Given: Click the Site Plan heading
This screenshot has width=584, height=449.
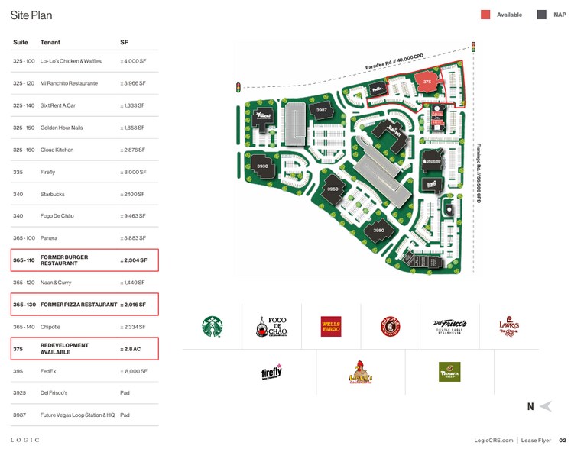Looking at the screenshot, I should click(31, 15).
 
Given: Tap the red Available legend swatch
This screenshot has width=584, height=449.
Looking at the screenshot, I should click(485, 15).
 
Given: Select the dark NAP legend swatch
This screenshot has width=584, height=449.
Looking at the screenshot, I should click(542, 15).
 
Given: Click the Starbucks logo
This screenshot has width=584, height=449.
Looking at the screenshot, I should click(212, 327).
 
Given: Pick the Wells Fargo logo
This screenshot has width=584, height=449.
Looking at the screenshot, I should click(331, 327).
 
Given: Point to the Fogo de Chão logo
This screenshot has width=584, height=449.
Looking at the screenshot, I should click(271, 327).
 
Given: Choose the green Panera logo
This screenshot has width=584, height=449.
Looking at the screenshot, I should click(449, 372).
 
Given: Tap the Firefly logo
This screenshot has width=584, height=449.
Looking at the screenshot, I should click(271, 372).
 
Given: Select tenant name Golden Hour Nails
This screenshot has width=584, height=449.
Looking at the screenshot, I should click(61, 128).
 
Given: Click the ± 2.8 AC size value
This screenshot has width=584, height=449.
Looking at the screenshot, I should click(131, 349).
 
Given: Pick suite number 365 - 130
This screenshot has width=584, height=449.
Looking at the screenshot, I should click(24, 305).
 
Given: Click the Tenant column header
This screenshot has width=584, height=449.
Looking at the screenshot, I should click(50, 42).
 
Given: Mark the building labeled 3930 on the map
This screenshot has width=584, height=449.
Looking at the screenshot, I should click(262, 165).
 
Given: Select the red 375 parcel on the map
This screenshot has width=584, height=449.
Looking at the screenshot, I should click(427, 80).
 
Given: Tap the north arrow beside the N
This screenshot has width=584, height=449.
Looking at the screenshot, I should click(545, 406).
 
